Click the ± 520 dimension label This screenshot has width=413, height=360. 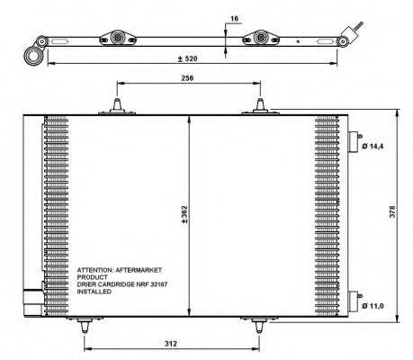(x=188, y=58)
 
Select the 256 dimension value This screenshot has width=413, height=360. (x=187, y=77)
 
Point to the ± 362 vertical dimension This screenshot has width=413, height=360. (x=184, y=215)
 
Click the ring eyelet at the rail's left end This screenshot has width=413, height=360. (x=33, y=56)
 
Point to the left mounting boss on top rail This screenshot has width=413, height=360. (x=117, y=38)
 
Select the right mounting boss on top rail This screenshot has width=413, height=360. (x=262, y=38)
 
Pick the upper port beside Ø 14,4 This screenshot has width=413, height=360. (x=353, y=143)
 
